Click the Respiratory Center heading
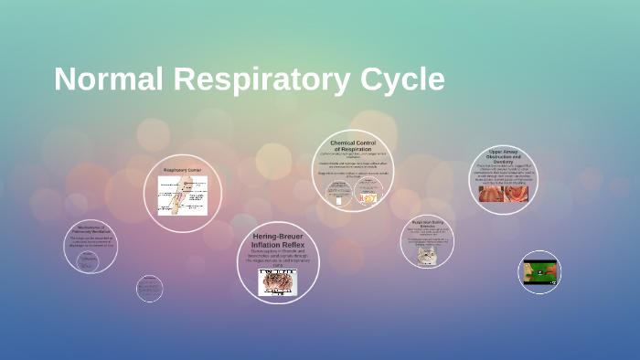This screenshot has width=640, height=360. [x=182, y=171]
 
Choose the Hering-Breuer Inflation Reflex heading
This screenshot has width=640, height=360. [x=277, y=241]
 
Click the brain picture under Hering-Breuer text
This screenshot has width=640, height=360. [x=278, y=282]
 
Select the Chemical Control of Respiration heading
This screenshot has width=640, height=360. [x=353, y=145]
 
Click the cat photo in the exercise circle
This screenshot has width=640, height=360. [x=427, y=256]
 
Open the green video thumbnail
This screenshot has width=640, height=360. [x=539, y=272]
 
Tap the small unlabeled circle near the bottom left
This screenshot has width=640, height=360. [x=149, y=289]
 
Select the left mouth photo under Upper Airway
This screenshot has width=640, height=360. [x=491, y=194]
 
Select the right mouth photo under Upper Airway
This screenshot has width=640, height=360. [x=517, y=194]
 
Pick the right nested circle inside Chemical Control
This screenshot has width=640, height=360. [x=368, y=195]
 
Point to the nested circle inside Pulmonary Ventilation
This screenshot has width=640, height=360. [x=88, y=260]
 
